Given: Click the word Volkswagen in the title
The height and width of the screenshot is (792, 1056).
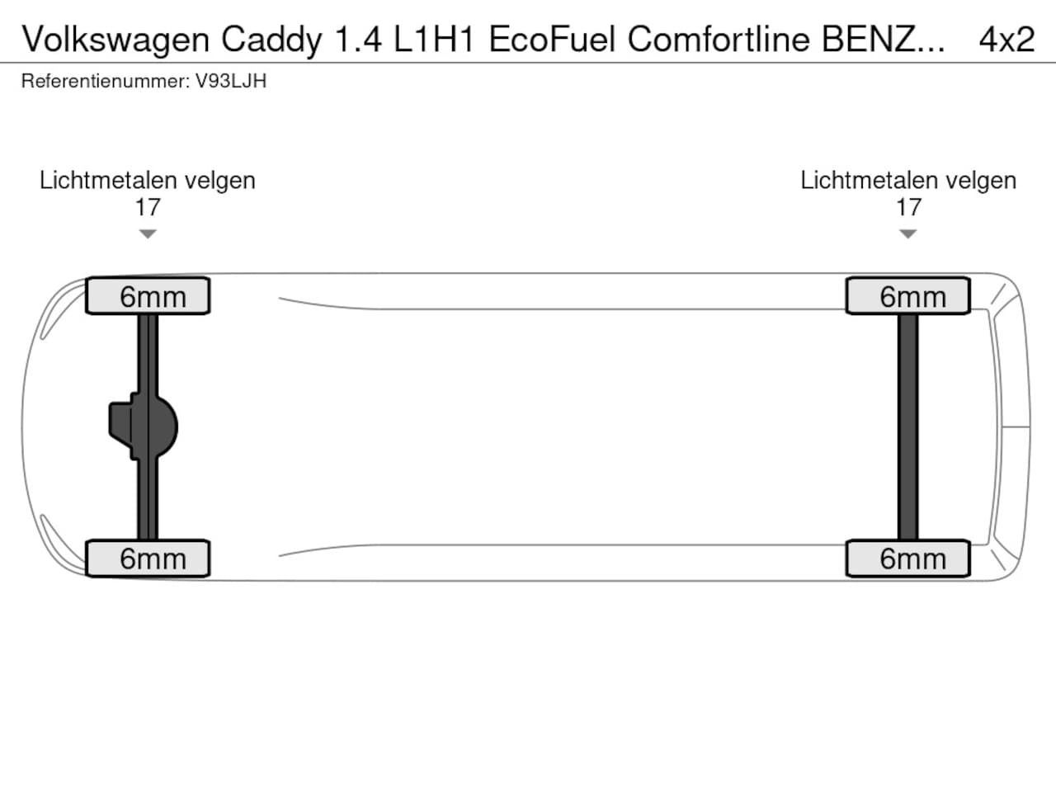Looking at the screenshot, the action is pos(115,40).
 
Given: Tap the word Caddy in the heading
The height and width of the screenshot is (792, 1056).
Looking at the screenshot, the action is pos(271,40).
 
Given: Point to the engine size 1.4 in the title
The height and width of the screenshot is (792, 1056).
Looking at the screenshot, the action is pos(358,40).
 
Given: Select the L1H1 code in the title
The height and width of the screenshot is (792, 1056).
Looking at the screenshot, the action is pos(434,40).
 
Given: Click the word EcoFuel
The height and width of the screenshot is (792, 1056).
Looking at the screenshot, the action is pos(552,39).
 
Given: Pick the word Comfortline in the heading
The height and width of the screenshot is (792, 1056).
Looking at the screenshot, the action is pos(719,39).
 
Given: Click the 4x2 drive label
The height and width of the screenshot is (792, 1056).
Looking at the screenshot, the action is pos(1006,40).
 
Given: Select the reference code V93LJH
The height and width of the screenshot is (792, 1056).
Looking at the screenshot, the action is pos(230,82).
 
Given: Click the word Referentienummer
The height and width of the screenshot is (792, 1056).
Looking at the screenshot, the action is pos(106,82).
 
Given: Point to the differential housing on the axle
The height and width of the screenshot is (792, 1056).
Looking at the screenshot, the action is pos(144,427).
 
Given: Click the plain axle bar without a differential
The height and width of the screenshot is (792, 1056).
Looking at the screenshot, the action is pos(907,427).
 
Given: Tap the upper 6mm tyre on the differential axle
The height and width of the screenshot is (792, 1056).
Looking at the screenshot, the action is pos(148,295).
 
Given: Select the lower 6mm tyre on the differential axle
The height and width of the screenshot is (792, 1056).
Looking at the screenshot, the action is pos(148,559).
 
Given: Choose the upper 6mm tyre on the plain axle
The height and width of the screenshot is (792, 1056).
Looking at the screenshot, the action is pos(907,295).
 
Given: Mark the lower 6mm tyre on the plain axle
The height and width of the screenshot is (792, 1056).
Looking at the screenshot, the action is pos(907,559).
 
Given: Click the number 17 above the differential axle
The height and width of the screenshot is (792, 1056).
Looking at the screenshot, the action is pos(147,207).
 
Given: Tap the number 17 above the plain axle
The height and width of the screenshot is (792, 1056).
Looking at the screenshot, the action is pos(908,207).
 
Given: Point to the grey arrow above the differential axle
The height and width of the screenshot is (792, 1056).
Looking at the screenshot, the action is pos(148,233).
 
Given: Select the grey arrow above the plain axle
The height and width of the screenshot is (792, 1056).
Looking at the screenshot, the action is pos(907,233).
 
